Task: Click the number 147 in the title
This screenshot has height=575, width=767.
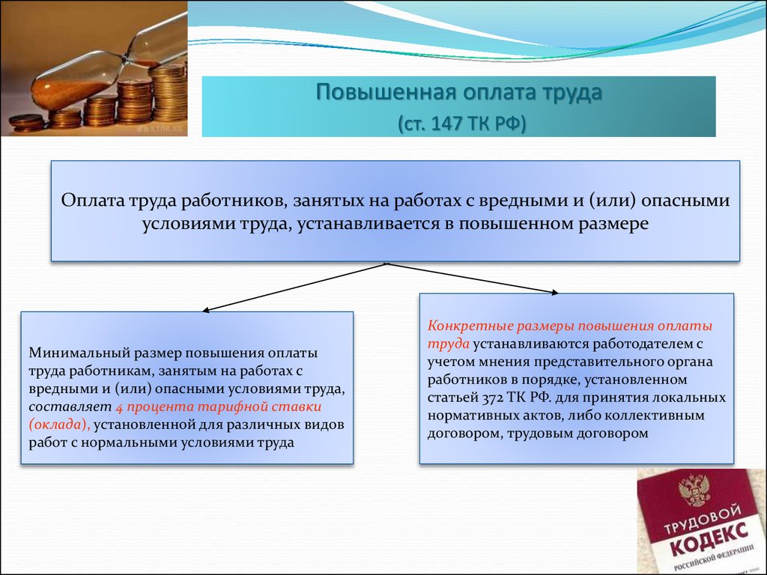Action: [446, 124]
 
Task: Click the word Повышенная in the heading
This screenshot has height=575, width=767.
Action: [386, 92]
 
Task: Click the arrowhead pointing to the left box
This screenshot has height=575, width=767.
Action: [207, 309]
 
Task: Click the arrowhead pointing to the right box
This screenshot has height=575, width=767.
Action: [554, 293]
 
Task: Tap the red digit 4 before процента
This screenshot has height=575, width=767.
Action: [119, 407]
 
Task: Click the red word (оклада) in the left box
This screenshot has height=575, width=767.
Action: [59, 425]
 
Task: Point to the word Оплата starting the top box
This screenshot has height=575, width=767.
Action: [92, 201]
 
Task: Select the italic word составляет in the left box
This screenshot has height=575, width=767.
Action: [70, 407]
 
